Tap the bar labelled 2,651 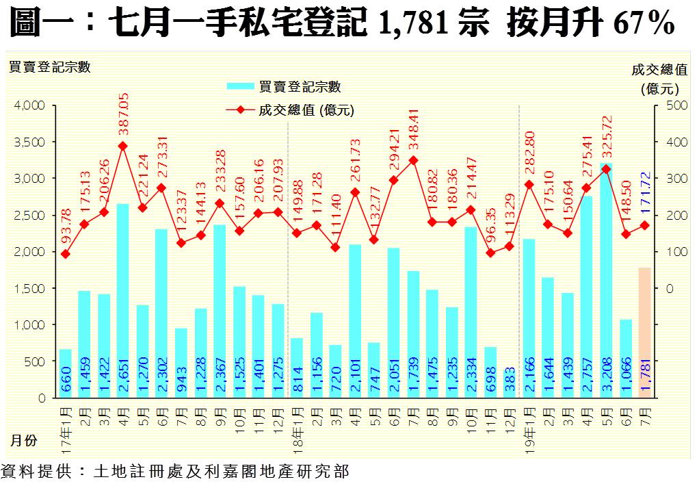[123, 301]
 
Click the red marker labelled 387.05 [123, 146]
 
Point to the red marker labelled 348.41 [413, 160]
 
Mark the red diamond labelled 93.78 [65, 254]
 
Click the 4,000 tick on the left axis [29, 105]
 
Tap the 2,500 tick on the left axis [29, 215]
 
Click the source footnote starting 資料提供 [175, 472]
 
